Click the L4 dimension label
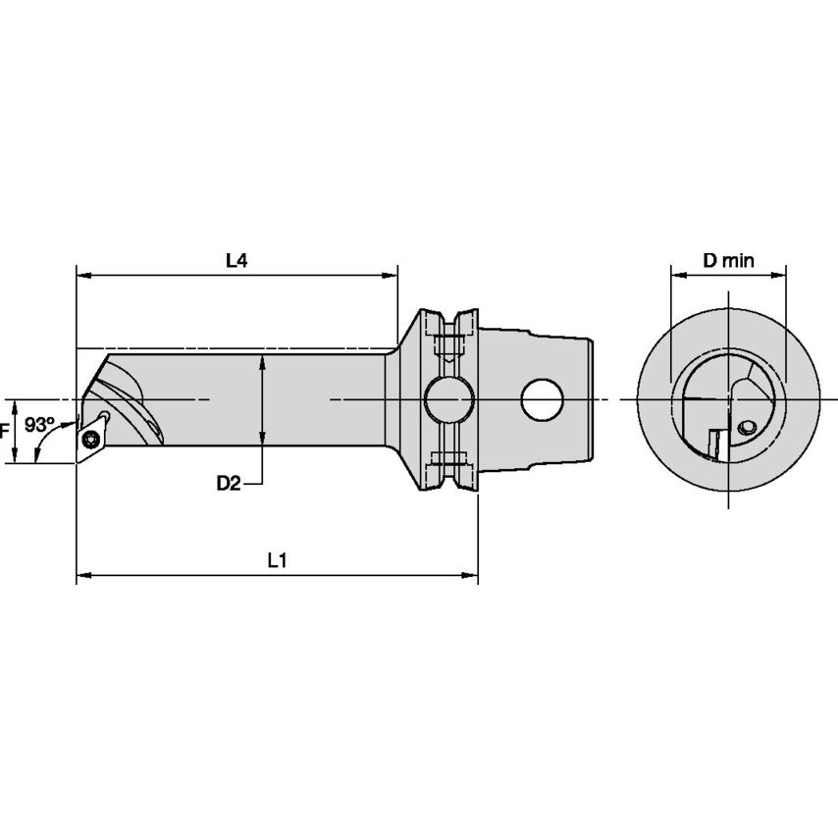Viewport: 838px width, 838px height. coord(236,261)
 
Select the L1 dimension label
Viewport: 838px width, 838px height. coord(277,559)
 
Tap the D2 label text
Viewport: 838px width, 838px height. coord(230,483)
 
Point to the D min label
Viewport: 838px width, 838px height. coord(728,260)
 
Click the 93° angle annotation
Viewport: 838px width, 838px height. coord(39,425)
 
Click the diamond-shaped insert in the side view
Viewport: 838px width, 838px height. coord(92,436)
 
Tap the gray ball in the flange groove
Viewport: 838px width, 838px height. coord(447,399)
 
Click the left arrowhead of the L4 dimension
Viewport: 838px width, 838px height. coord(84,277)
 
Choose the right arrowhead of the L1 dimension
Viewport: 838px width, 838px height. coord(470,575)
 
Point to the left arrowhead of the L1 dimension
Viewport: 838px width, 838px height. coord(84,575)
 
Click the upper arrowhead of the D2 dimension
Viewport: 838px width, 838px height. coord(262,363)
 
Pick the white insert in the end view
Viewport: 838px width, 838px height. coord(713,444)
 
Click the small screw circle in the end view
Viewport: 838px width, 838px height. coord(748,427)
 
